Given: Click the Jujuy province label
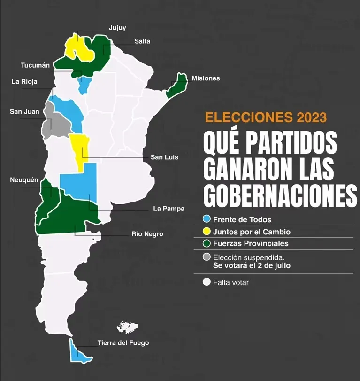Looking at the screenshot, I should pyautogui.click(x=117, y=28).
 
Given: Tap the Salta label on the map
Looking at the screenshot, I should pyautogui.click(x=142, y=41).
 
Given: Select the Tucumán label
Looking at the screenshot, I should pyautogui.click(x=35, y=65).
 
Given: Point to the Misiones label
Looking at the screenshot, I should pyautogui.click(x=206, y=78).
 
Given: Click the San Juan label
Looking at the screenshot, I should pyautogui.click(x=24, y=112).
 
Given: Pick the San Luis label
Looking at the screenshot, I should pyautogui.click(x=164, y=157).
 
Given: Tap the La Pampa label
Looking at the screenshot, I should pyautogui.click(x=169, y=209).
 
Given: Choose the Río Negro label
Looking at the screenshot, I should pyautogui.click(x=147, y=234).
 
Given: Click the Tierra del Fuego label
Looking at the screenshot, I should pyautogui.click(x=123, y=343).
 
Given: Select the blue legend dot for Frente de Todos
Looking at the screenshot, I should pyautogui.click(x=207, y=219).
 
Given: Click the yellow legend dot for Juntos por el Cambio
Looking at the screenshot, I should pyautogui.click(x=207, y=232).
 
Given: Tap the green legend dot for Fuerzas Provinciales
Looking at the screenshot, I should pyautogui.click(x=207, y=244).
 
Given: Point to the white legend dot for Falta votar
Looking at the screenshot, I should pyautogui.click(x=207, y=282).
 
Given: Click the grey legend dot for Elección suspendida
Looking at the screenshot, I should pyautogui.click(x=207, y=257).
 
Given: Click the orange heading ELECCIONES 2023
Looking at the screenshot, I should pyautogui.click(x=266, y=117).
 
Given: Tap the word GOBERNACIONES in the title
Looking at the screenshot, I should pyautogui.click(x=280, y=196).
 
